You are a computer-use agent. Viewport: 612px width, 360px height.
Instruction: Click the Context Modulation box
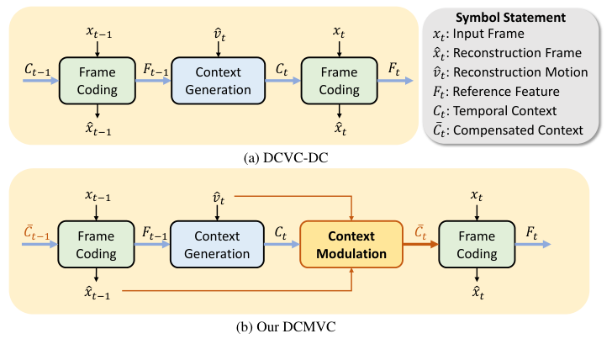pos(351,244)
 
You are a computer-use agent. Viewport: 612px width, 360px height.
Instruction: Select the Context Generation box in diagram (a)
pos(211,81)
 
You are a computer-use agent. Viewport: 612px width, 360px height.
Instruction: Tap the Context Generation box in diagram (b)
pos(211,244)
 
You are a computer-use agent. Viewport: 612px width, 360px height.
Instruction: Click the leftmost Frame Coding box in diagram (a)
pos(98,81)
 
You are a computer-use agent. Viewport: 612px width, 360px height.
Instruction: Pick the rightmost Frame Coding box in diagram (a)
pos(340,81)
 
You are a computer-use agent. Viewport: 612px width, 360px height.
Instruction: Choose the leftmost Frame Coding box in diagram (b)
pos(98,244)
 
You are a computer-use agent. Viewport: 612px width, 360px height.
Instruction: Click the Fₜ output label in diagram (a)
pos(392,67)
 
